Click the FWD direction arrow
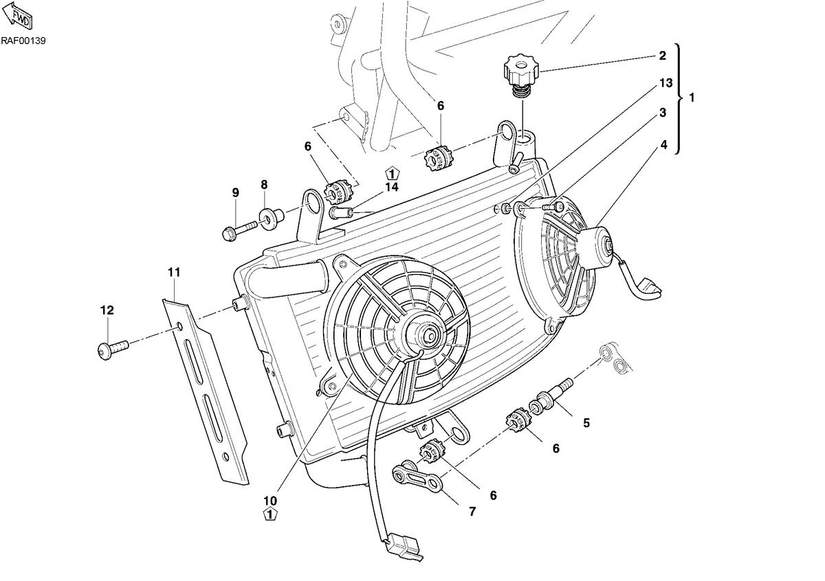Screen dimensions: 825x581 tap(18, 16)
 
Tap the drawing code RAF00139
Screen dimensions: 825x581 tap(23, 41)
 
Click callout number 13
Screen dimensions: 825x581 tap(665, 83)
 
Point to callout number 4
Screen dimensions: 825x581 tap(663, 145)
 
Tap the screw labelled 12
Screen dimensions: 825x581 tap(113, 348)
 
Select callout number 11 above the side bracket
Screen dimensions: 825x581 tap(174, 272)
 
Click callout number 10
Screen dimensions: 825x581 tap(270, 501)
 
